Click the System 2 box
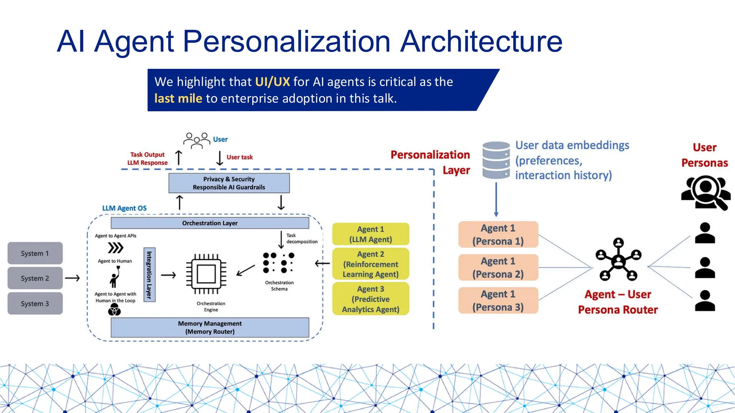tap(35, 278)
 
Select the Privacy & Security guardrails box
tap(229, 183)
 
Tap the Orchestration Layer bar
tap(210, 223)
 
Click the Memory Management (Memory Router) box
tap(210, 327)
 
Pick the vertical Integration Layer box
tap(149, 275)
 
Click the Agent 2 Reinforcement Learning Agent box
tap(371, 264)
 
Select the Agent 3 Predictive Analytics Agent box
tap(371, 299)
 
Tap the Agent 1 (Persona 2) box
tap(498, 267)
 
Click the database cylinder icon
tap(496, 160)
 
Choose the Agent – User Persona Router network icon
tap(618, 260)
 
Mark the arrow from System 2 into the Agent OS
tap(72, 278)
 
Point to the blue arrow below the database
tap(496, 199)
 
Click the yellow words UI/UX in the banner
tap(272, 82)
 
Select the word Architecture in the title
tap(481, 41)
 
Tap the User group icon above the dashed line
tap(196, 140)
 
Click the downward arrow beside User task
tap(220, 158)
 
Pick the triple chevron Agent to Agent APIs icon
tap(116, 248)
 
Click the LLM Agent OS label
tap(124, 208)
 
